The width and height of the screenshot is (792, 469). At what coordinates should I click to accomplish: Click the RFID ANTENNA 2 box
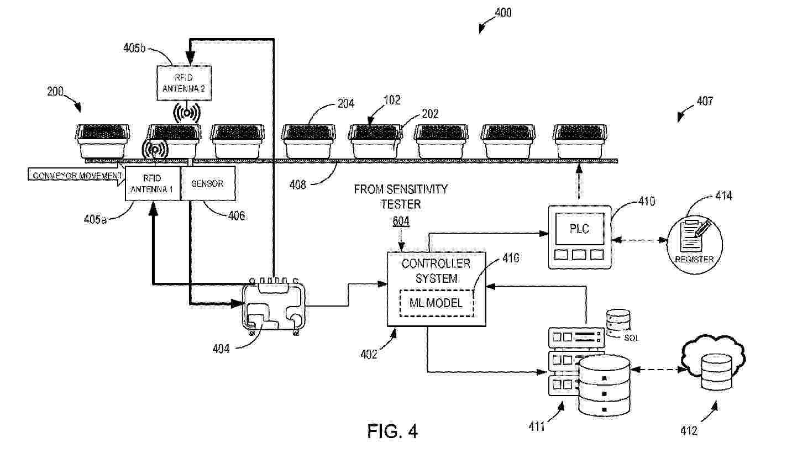click(x=184, y=82)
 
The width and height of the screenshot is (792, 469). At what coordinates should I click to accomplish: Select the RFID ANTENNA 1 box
click(x=153, y=183)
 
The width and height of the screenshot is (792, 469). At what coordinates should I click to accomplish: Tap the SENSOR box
click(x=207, y=183)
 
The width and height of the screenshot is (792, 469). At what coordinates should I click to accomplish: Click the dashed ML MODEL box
click(x=436, y=303)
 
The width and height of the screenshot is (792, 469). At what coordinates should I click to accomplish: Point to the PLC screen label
click(x=579, y=228)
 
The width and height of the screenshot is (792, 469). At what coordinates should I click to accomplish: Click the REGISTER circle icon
click(x=694, y=241)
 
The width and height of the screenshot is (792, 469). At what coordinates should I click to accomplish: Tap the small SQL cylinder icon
click(x=618, y=323)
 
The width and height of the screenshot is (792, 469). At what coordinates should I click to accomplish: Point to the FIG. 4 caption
click(x=392, y=431)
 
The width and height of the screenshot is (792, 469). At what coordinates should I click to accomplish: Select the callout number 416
click(x=510, y=257)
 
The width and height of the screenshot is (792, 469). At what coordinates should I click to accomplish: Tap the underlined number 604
click(x=401, y=221)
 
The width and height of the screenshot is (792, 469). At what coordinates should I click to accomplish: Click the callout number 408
click(x=297, y=185)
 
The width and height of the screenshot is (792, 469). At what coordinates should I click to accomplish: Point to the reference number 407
click(x=704, y=101)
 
